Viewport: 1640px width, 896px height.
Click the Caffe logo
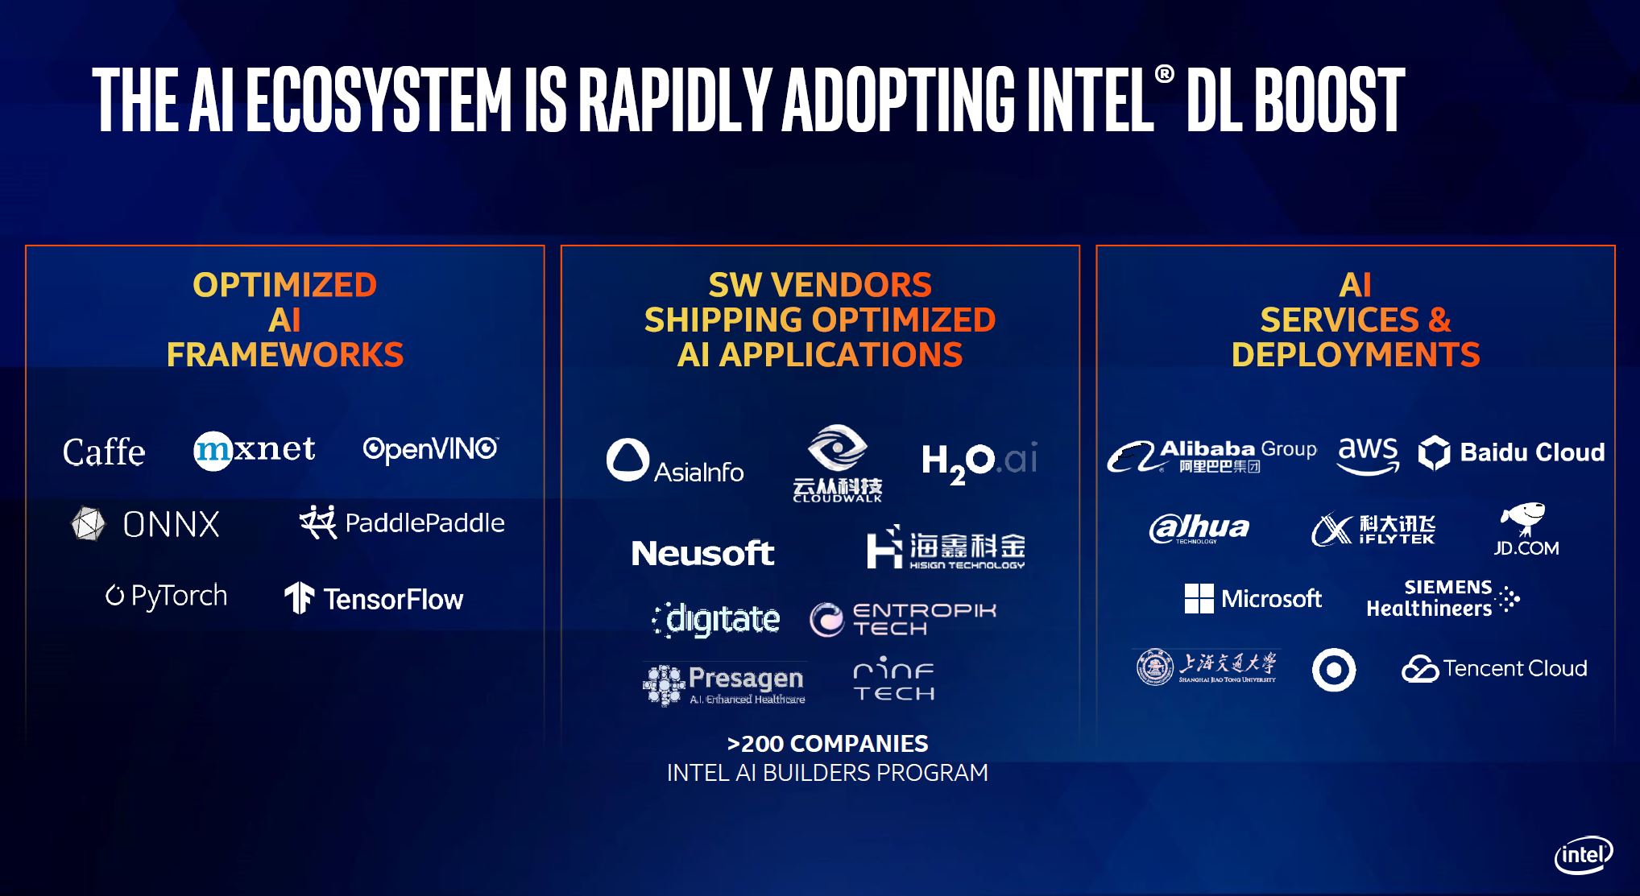click(104, 452)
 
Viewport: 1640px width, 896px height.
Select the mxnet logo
click(255, 449)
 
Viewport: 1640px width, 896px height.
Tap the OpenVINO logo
click(430, 448)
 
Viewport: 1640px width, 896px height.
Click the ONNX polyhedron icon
click(88, 524)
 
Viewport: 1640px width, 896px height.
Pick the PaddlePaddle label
click(424, 523)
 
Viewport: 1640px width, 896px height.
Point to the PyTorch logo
click(167, 596)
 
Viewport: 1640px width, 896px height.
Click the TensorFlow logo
click(375, 598)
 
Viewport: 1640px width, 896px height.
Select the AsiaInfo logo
click(675, 460)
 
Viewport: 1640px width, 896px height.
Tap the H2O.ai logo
click(979, 460)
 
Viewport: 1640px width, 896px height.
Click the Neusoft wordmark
click(702, 553)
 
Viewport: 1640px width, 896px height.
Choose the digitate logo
click(716, 619)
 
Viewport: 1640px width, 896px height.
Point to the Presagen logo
click(724, 684)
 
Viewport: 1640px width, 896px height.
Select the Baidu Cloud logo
click(1511, 452)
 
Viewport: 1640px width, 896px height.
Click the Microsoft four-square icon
click(1199, 598)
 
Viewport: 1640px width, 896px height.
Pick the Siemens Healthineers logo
click(1442, 599)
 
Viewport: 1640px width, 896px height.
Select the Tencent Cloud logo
click(1494, 668)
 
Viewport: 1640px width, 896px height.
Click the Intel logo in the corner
click(1583, 855)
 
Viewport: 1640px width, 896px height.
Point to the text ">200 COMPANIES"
click(827, 743)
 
